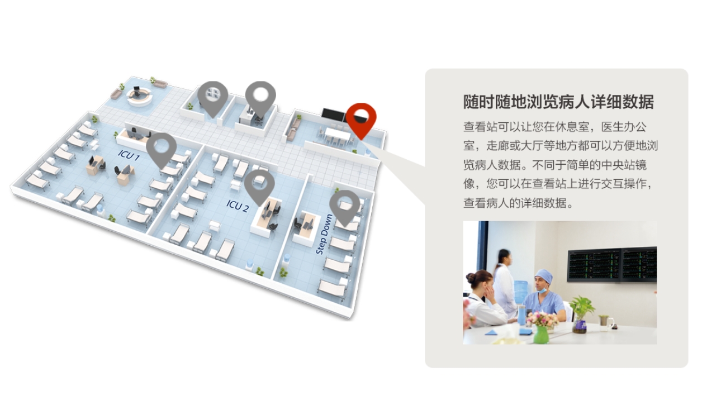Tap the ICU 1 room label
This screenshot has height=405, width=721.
tap(129, 155)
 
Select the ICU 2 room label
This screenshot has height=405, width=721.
tap(238, 206)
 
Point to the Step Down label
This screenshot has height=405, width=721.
tap(324, 235)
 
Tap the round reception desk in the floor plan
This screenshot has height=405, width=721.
tap(139, 96)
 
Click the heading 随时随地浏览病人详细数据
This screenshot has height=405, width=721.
tap(558, 102)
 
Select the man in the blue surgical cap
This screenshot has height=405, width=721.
tap(544, 296)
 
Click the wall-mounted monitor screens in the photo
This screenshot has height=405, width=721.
tap(611, 265)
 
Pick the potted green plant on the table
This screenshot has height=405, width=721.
tap(580, 313)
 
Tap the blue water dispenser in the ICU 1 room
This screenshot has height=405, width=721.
tap(100, 210)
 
